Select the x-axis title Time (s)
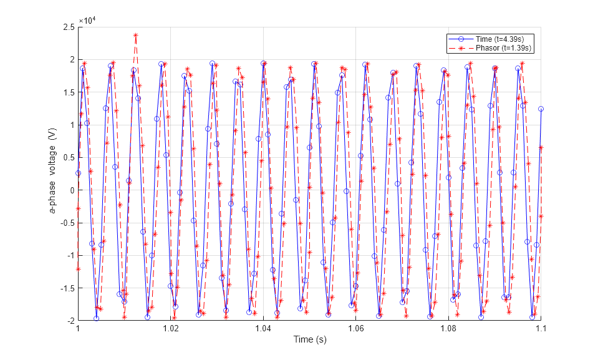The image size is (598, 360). coord(310,339)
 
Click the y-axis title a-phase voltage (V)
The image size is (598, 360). coord(54,173)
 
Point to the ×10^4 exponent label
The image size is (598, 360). coord(87,21)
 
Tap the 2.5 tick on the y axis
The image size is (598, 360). coord(67,27)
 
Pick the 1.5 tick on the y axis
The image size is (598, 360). coord(67,92)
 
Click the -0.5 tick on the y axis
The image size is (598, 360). coord(66,223)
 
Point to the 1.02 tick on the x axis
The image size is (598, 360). coord(170,328)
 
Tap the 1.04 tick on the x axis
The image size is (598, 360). coord(263,328)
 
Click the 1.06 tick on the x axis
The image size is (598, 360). coord(355,328)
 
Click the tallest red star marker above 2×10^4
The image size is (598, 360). coord(135,36)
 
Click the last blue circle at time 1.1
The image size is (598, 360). coord(541,109)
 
